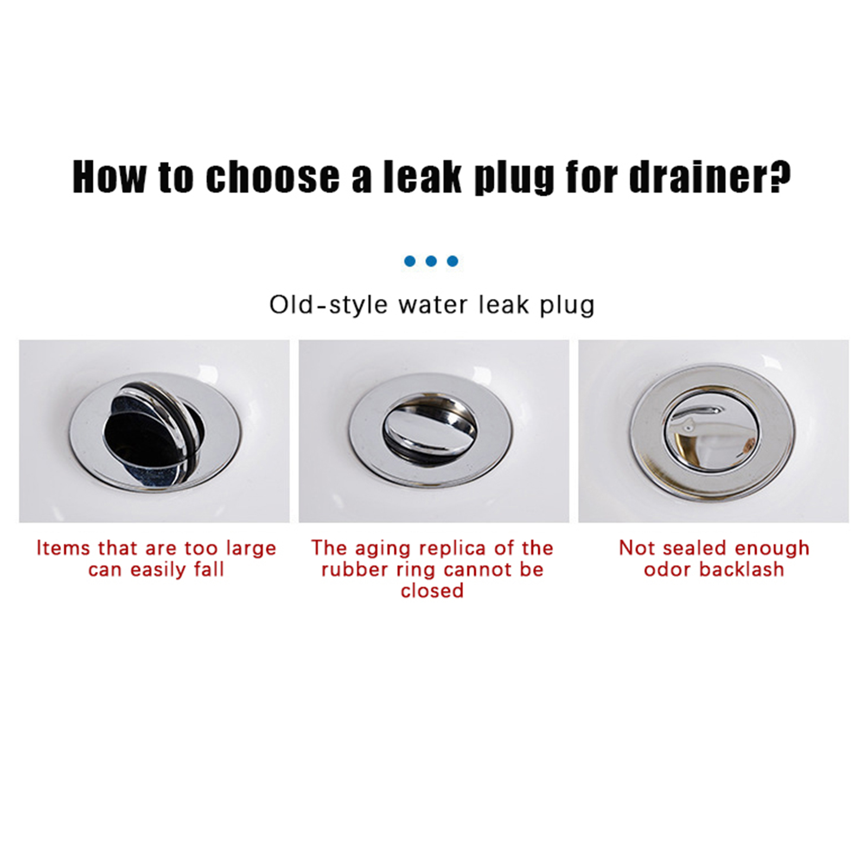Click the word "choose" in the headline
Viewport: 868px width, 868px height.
273,177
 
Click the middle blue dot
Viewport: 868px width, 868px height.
431,261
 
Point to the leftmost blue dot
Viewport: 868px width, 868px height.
410,261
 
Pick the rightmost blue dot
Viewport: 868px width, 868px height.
452,261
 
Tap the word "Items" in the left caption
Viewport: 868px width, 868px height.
63,548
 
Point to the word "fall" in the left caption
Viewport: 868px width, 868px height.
209,569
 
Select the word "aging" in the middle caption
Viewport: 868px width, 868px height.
380,549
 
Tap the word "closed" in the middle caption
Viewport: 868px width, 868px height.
432,590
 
